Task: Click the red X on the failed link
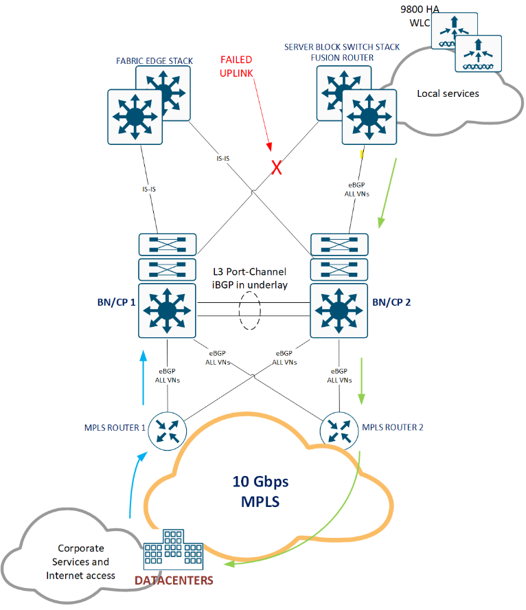(277, 168)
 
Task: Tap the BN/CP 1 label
(113, 302)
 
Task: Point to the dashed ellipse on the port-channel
(251, 310)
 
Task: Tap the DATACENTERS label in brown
(174, 581)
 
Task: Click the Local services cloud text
(448, 93)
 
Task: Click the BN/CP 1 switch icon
(166, 310)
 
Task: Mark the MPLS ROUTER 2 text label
(393, 427)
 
